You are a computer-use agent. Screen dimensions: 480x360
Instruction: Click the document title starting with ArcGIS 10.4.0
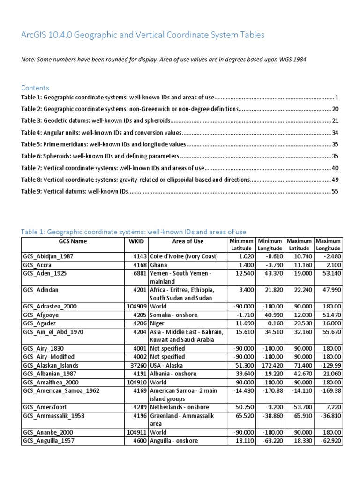click(143, 35)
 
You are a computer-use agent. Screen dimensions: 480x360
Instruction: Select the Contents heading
click(35, 88)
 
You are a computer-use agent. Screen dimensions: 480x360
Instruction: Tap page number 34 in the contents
click(335, 133)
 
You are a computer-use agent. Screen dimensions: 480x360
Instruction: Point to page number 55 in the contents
click(335, 191)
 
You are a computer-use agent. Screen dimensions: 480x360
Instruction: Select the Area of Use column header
click(188, 241)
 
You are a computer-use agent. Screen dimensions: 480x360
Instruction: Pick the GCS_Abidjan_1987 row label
click(48, 256)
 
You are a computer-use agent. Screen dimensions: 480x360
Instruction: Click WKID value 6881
click(140, 273)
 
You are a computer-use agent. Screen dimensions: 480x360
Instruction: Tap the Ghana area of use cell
click(159, 265)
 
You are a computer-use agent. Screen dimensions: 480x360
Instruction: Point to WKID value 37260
click(138, 365)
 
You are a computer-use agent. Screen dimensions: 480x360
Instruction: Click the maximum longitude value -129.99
click(328, 365)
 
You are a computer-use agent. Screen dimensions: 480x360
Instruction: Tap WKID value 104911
click(136, 432)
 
